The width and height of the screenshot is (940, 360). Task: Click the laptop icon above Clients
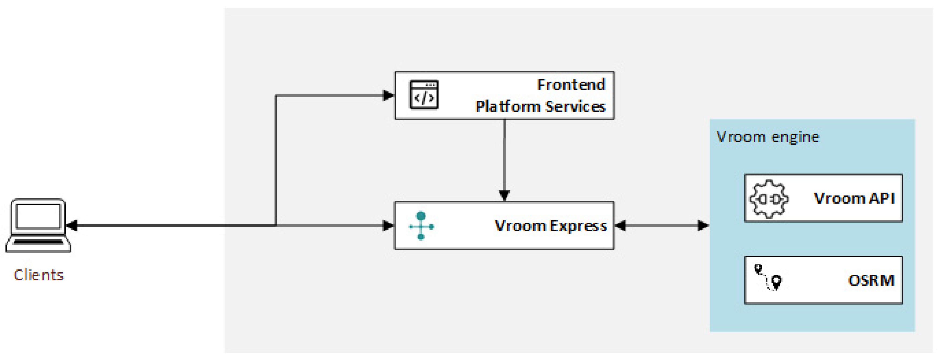coord(38,225)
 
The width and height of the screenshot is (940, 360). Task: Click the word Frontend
coord(571,85)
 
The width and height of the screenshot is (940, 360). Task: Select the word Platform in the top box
coord(508,106)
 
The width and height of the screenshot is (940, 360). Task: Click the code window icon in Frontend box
coord(424,95)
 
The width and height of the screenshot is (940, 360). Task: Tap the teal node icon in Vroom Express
coord(421,226)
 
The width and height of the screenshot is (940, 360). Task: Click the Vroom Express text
coord(550,226)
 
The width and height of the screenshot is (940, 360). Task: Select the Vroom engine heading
coord(768,137)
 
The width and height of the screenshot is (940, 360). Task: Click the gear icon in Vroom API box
coord(769,199)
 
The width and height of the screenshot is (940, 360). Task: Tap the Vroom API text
coord(854,199)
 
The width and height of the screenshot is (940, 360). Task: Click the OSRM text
coord(871,281)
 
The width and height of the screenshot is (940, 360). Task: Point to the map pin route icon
coord(768,278)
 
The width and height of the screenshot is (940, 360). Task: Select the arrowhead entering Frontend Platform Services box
coord(388,95)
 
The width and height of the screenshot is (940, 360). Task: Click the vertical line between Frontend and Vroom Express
coord(504,157)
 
